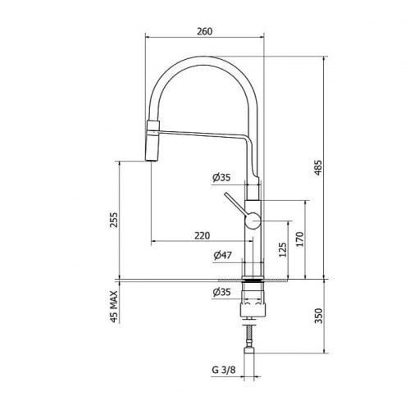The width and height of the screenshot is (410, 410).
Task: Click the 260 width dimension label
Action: [204, 31]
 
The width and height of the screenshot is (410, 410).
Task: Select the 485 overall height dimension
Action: [318, 168]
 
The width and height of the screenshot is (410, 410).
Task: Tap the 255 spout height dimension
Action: [113, 220]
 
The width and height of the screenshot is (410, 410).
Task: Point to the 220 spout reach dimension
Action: [203, 235]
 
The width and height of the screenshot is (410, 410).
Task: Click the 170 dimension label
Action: [300, 239]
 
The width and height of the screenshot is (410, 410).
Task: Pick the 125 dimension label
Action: [283, 249]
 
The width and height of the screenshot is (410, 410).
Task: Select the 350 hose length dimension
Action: [318, 316]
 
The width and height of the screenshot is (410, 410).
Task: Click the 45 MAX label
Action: [114, 307]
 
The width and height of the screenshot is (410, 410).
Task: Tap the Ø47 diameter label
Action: [222, 256]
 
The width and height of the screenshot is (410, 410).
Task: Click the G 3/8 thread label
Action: [224, 370]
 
